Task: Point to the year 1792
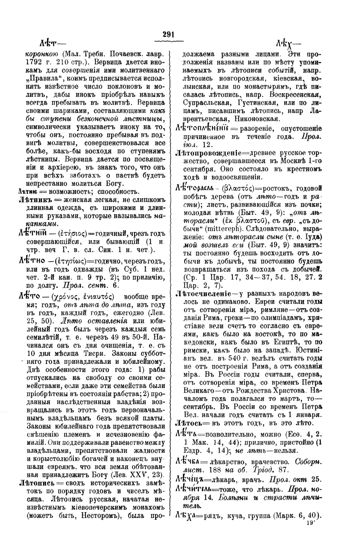tap(33, 59)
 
